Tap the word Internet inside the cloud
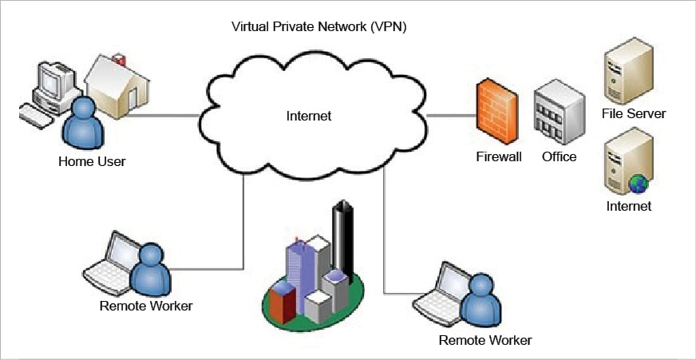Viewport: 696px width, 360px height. [x=308, y=116]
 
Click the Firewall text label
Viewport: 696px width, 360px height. [x=499, y=156]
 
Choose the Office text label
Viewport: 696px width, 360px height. [x=559, y=156]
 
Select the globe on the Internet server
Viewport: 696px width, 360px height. [x=639, y=184]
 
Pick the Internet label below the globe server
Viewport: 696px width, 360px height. [x=628, y=206]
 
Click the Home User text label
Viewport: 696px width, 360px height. [x=92, y=162]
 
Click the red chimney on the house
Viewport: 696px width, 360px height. [x=120, y=59]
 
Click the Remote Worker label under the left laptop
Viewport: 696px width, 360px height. [x=146, y=305]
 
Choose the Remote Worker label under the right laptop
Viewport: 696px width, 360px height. [x=485, y=341]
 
